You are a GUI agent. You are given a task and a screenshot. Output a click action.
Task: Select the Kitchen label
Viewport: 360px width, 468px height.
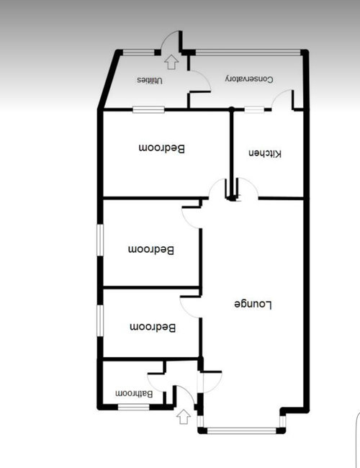[266, 153]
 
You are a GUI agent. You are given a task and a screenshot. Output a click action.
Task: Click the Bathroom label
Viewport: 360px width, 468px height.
[135, 393]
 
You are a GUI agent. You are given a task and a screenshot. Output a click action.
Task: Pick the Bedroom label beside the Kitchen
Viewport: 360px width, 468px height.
[162, 148]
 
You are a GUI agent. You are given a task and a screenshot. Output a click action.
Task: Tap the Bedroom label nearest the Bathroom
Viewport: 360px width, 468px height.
[153, 328]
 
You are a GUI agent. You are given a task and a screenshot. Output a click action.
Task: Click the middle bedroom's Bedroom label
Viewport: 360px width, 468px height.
[152, 250]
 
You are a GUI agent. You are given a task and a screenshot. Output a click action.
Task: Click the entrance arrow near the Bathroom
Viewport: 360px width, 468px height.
[184, 415]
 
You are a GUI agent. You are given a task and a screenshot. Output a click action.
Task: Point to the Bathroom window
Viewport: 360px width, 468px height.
[133, 408]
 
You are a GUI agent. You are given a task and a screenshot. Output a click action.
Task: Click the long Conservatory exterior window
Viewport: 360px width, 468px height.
[248, 51]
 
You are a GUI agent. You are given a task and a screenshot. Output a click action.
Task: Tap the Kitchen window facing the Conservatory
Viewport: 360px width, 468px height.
[253, 109]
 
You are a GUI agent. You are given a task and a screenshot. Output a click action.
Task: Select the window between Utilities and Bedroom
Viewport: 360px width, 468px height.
[148, 109]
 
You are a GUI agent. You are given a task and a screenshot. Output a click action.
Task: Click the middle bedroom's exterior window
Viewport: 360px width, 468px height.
[100, 239]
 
